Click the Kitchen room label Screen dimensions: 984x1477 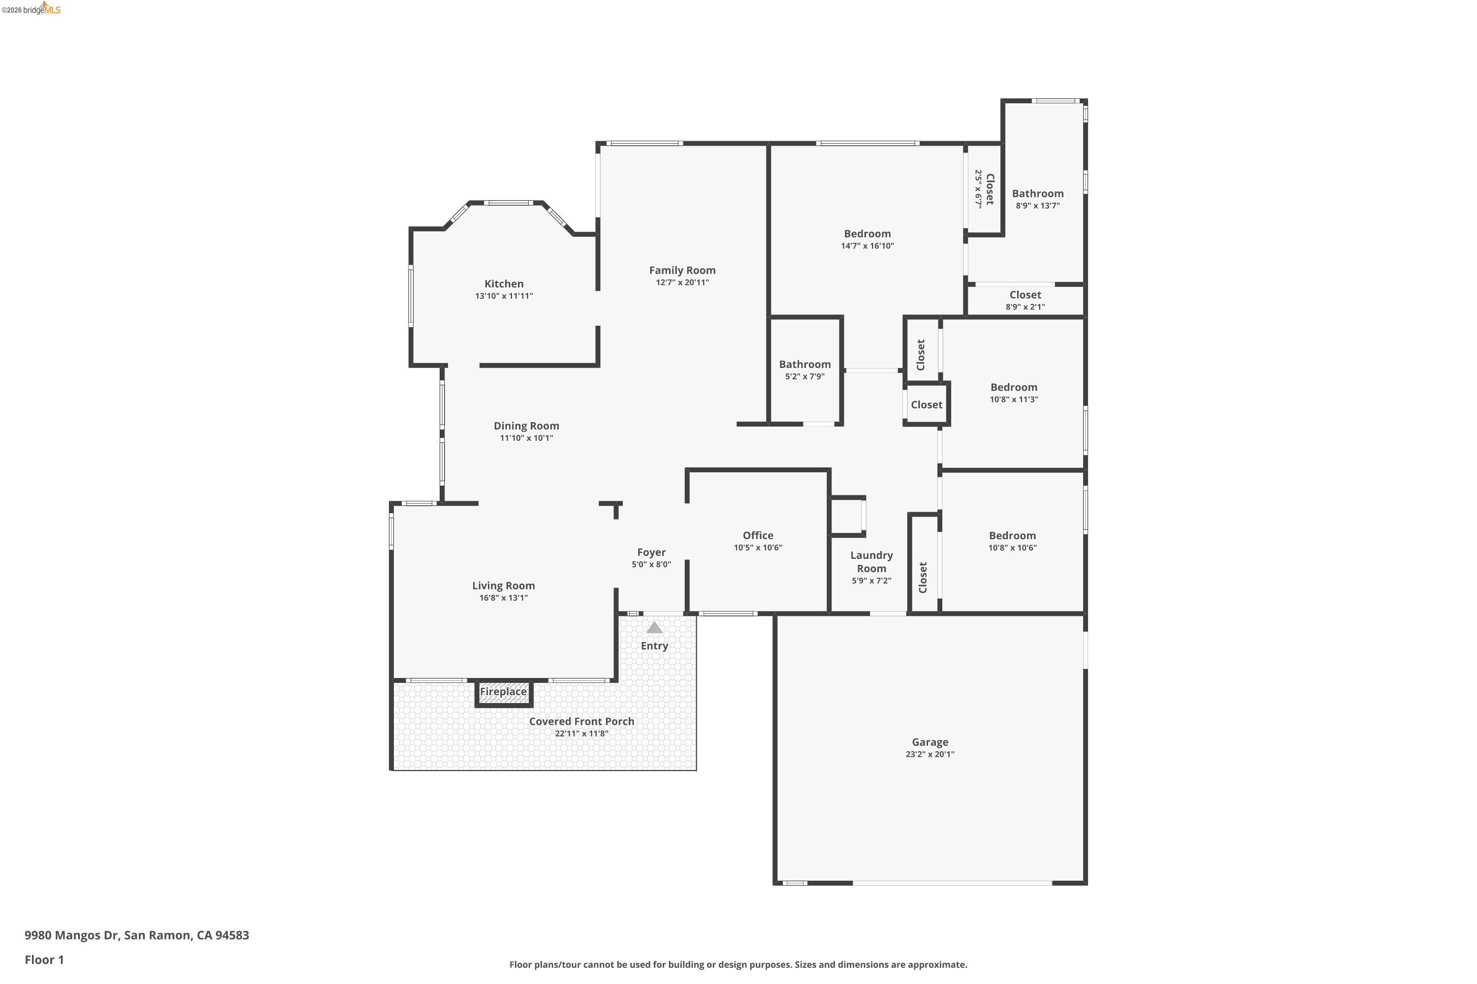[x=504, y=284]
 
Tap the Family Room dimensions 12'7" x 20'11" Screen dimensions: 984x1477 [x=682, y=282]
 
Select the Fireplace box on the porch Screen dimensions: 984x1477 [x=503, y=692]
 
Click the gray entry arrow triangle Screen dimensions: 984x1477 [x=654, y=628]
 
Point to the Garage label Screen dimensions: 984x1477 [x=930, y=742]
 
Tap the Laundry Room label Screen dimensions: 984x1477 [x=871, y=562]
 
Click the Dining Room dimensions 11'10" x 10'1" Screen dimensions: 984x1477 [x=526, y=438]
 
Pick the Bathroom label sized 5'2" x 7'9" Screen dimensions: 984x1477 [x=804, y=365]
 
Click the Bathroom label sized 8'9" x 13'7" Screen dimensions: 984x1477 [x=1037, y=194]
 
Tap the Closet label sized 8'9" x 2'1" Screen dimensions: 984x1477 [x=1025, y=295]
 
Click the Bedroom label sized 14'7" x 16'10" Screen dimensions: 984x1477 [x=867, y=234]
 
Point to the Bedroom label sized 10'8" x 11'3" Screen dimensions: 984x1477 [x=1014, y=387]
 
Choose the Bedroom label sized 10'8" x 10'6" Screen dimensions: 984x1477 [x=1012, y=535]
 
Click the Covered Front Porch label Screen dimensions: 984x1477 [x=581, y=721]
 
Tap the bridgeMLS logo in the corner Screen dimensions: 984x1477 [x=32, y=9]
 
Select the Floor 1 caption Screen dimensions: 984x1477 [x=44, y=959]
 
